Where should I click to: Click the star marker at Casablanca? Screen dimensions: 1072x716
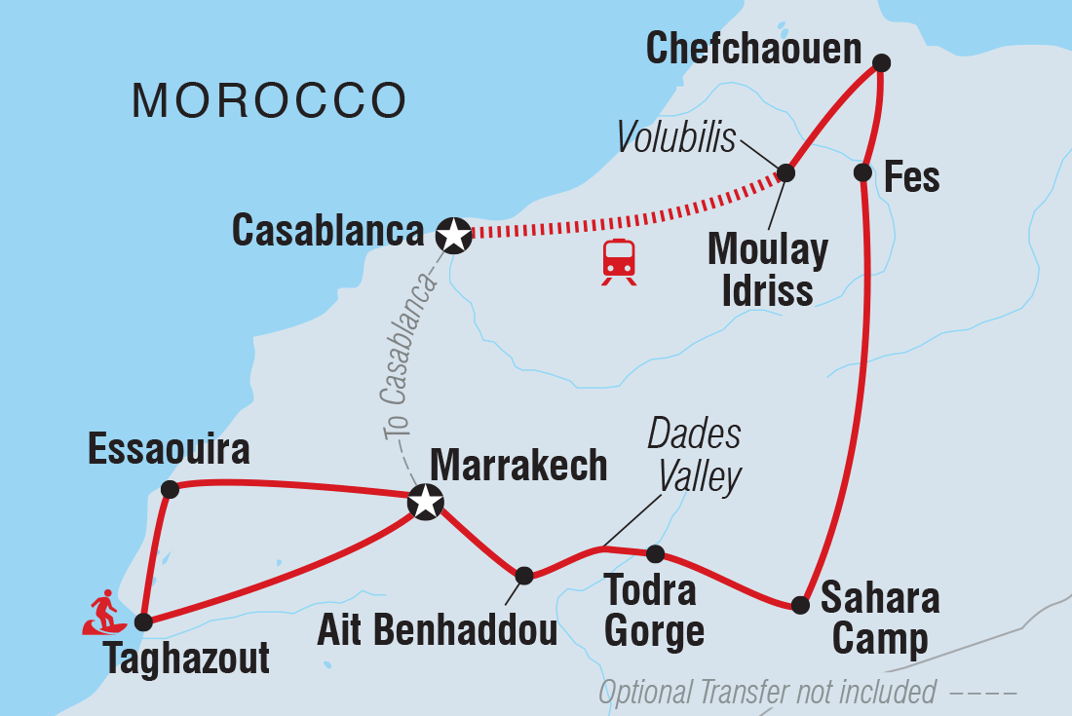coord(453,234)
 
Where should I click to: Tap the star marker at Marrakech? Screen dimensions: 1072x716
coord(426,503)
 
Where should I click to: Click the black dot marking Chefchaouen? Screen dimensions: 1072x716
coord(881,63)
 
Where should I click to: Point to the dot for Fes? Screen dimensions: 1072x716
coord(862,172)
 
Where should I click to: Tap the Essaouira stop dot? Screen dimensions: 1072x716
coord(170,489)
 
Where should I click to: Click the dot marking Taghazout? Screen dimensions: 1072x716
coord(143,622)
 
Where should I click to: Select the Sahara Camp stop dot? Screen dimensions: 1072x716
coord(800,605)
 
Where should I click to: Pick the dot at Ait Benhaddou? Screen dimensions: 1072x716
coord(524,576)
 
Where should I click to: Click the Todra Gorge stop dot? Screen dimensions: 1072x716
coord(656,554)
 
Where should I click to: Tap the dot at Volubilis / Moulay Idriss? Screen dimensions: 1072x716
coord(785,173)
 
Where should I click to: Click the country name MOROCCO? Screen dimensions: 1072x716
coord(269,100)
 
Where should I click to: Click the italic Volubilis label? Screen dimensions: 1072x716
coord(676,138)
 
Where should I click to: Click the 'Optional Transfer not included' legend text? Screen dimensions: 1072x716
coord(767,693)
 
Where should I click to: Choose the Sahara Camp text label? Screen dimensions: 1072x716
coord(879,618)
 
